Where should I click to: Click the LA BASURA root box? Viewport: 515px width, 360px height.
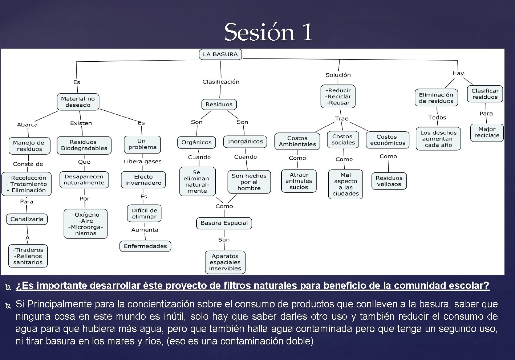(220, 54)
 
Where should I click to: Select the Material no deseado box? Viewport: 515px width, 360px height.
(78, 102)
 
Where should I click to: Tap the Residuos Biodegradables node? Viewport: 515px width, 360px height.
(84, 145)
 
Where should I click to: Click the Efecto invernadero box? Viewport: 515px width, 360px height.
(143, 180)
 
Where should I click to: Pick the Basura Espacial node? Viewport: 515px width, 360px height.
(224, 223)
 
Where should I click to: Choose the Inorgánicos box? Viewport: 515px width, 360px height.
(245, 142)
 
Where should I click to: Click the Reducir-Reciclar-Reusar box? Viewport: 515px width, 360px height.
(338, 97)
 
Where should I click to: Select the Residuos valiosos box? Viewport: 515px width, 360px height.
(389, 181)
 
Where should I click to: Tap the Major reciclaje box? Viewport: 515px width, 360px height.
(487, 132)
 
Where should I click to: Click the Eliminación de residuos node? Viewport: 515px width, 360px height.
(436, 98)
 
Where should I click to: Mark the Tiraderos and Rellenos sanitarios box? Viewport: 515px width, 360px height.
(28, 256)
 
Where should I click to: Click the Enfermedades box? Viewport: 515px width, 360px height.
(145, 246)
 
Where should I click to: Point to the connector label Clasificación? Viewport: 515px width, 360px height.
(221, 82)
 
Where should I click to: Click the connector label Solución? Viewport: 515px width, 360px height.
(338, 75)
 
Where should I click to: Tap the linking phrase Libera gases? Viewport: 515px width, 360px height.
(142, 161)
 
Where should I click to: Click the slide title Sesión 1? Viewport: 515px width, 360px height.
(268, 32)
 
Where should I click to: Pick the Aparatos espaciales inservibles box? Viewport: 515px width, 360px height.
(225, 262)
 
